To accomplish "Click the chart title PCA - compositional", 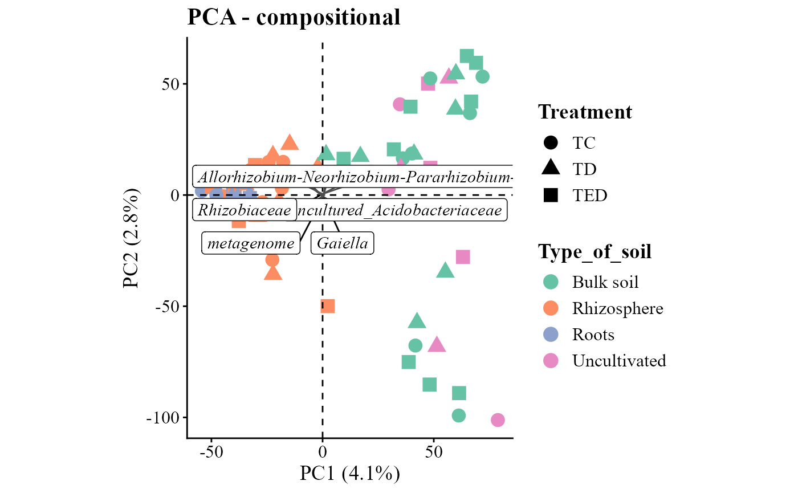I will pos(294,18).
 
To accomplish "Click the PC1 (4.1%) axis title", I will pos(349,474).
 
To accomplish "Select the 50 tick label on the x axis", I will pos(434,452).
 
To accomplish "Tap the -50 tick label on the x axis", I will pos(211,452).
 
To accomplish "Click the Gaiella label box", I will pos(342,244).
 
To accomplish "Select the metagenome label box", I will pos(251,244).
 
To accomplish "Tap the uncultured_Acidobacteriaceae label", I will pos(401,210).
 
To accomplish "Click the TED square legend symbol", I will pos(551,195).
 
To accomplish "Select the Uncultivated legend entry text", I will pos(619,361).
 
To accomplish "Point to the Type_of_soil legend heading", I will pos(595,251).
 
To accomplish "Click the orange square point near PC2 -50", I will pos(327,306).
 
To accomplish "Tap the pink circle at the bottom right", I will pos(498,420).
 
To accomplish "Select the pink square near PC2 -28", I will pos(463,257).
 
